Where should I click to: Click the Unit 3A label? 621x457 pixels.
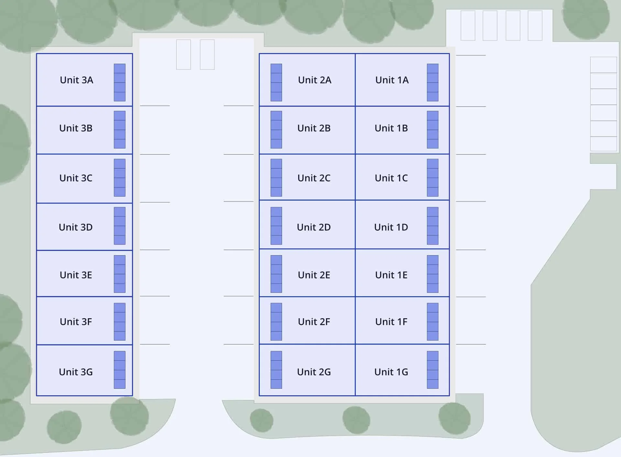[x=76, y=80]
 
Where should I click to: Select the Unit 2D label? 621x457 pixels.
[x=314, y=227]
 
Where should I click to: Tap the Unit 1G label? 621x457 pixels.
[x=391, y=372]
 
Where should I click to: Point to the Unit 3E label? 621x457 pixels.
[x=76, y=275]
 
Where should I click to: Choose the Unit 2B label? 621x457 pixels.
[x=314, y=128]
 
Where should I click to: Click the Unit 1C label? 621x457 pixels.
[x=391, y=178]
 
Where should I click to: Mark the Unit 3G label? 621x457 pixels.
[x=76, y=372]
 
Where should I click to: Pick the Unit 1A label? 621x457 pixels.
[x=392, y=80]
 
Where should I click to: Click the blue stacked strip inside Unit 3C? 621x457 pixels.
[x=119, y=178]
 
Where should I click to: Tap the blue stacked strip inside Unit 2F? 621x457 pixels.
[x=276, y=321]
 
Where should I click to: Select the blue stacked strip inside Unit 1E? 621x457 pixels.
[x=432, y=274]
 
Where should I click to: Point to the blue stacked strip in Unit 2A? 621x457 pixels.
[x=276, y=82]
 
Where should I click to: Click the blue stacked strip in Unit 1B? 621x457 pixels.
[x=432, y=130]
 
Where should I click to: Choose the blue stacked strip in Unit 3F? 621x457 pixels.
[x=119, y=321]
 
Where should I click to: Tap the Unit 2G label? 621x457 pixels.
[x=314, y=372]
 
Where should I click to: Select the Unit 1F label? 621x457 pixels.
[x=391, y=322]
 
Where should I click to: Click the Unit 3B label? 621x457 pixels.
[x=76, y=128]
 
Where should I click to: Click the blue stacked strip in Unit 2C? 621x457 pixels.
[x=276, y=178]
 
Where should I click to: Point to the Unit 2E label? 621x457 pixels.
[x=314, y=275]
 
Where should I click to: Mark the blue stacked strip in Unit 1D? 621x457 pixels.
[x=432, y=226]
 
